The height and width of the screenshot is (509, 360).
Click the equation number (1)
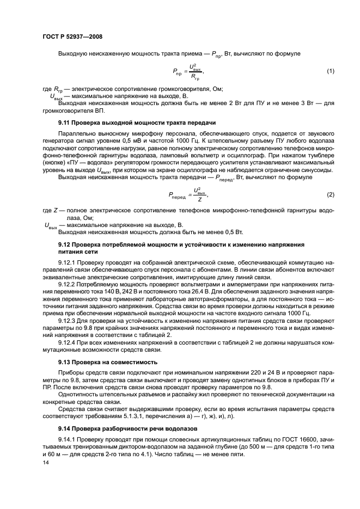point(330,71)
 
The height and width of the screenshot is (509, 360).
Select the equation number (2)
point(330,194)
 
